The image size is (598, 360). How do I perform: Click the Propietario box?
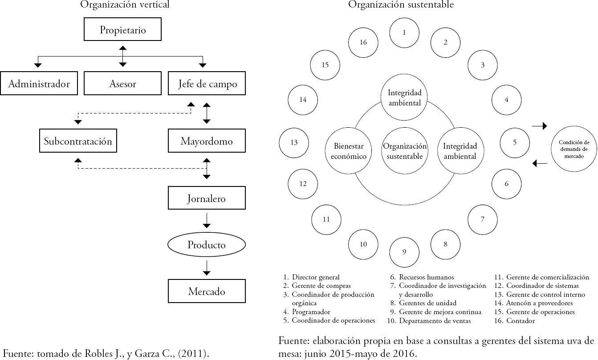(x=122, y=31)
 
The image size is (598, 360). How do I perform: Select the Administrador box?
(x=39, y=84)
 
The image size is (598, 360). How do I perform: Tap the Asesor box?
(x=122, y=84)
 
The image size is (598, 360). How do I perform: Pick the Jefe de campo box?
(x=207, y=84)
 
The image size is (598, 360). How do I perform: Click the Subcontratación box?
(x=78, y=141)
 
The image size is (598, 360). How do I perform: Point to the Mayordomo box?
(x=207, y=141)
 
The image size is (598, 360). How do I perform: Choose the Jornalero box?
(x=207, y=198)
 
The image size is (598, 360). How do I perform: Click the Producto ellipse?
(x=207, y=245)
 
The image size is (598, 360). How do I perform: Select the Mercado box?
(x=207, y=291)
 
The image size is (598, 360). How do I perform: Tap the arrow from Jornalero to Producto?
(x=207, y=220)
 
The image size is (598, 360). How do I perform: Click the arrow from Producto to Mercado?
(x=207, y=267)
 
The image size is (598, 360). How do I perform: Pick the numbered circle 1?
(x=404, y=32)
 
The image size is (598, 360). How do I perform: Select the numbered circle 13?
(x=294, y=143)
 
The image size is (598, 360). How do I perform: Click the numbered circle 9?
(x=404, y=252)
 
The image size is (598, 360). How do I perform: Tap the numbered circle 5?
(x=515, y=143)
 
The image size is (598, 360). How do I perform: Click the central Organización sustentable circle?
(x=404, y=151)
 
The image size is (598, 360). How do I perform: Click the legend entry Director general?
(x=315, y=277)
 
